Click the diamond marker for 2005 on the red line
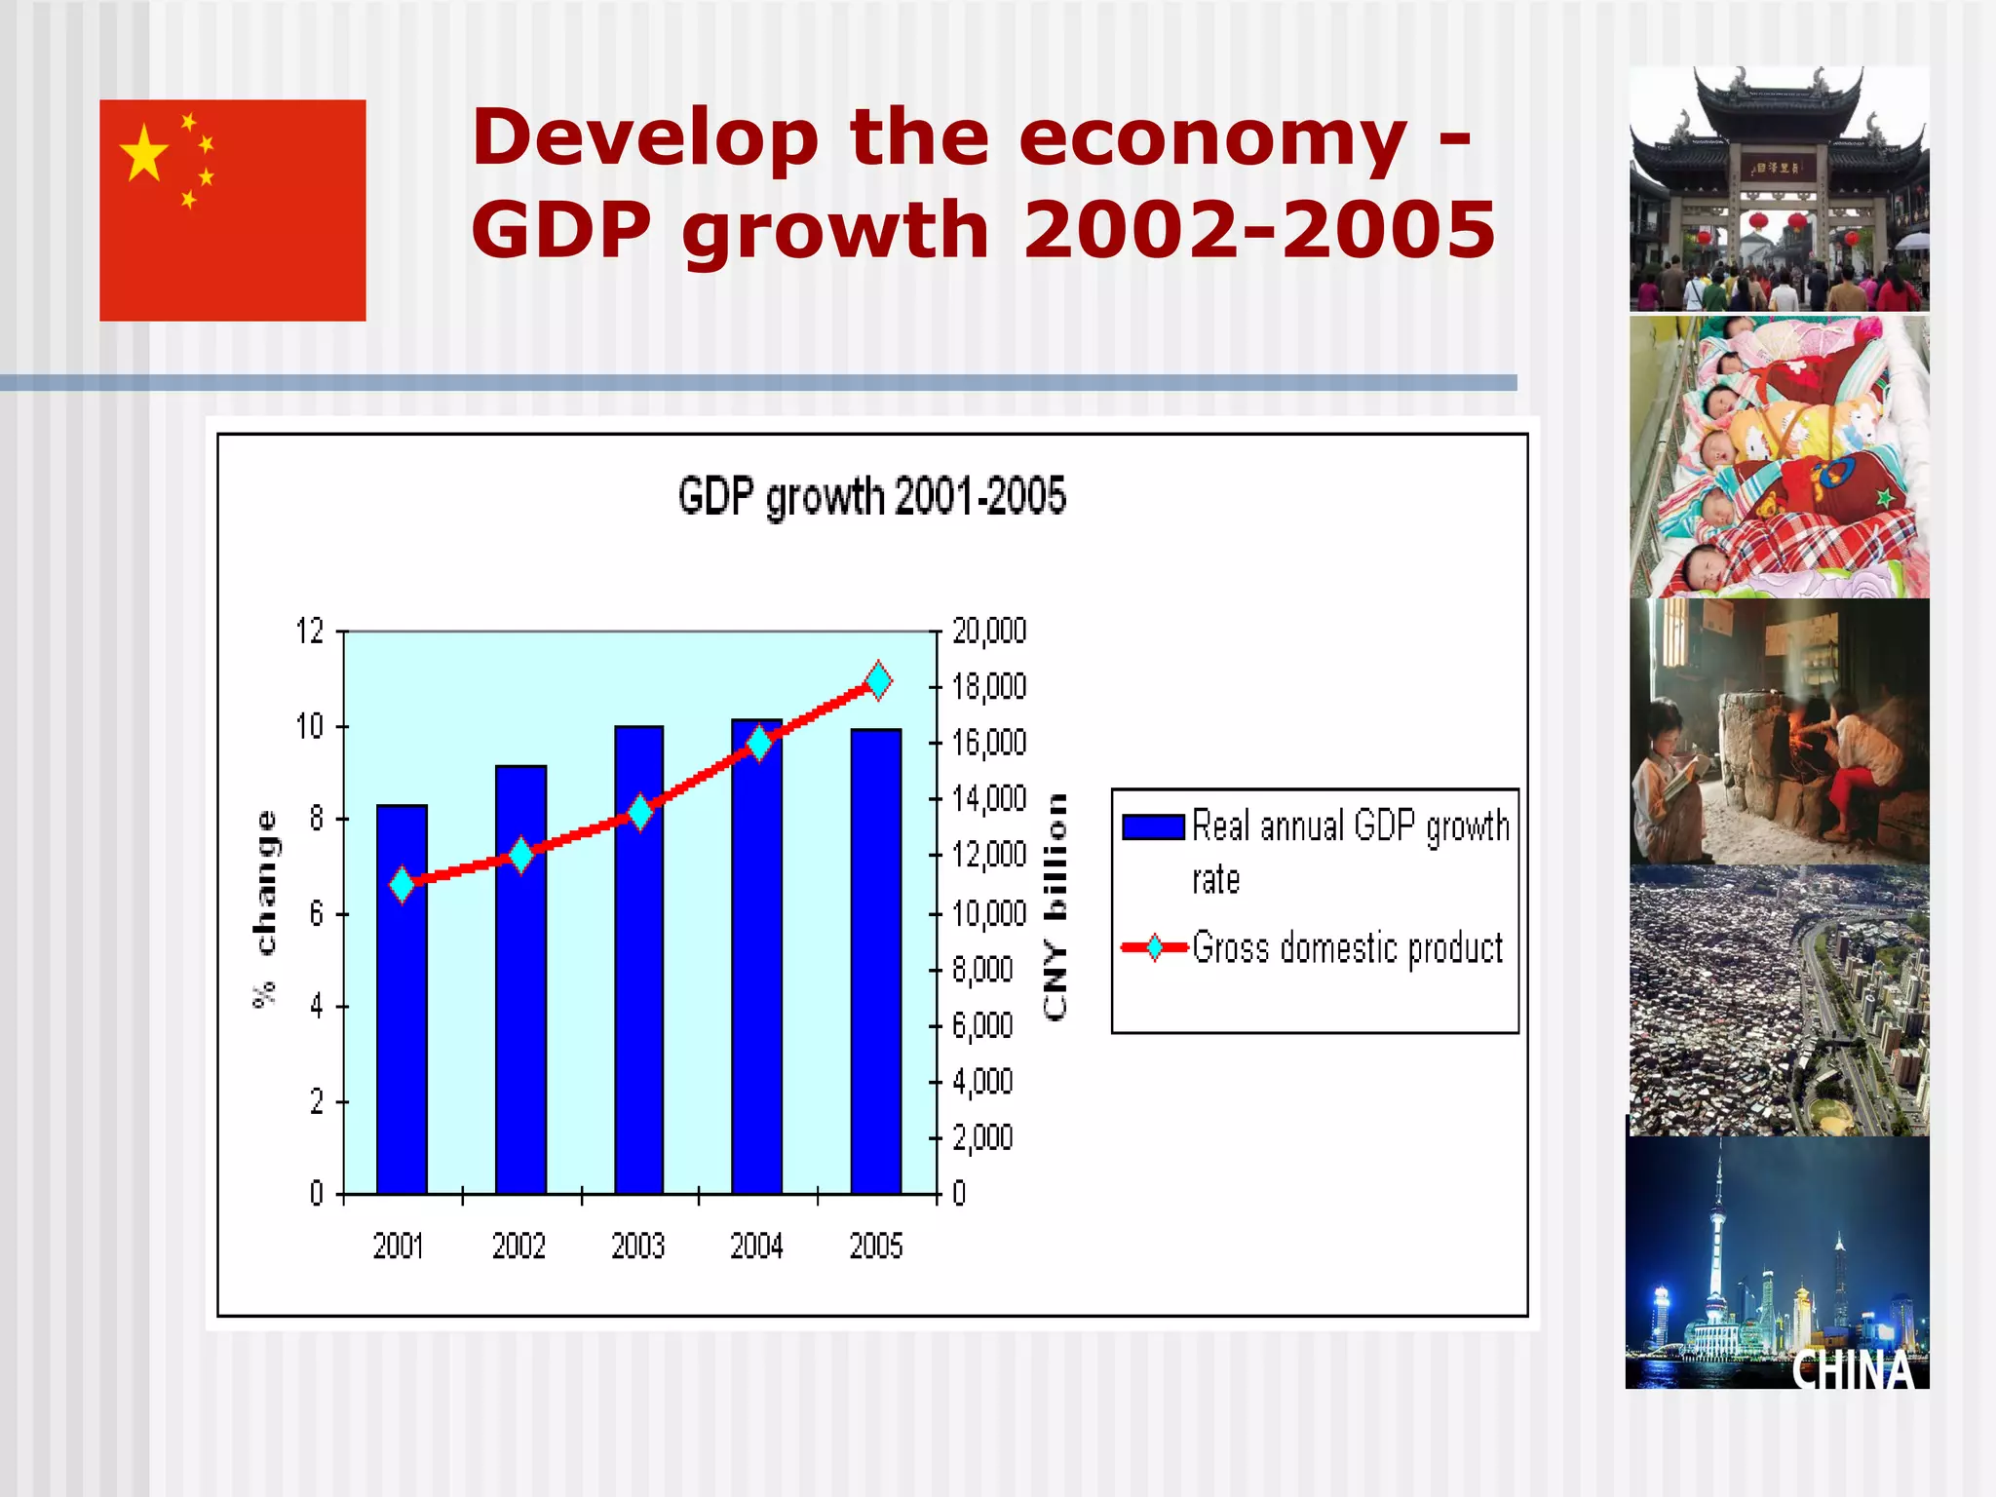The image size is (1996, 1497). (878, 680)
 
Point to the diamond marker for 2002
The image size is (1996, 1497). (521, 855)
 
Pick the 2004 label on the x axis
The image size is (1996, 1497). (756, 1246)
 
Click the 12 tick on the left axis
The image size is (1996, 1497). (310, 632)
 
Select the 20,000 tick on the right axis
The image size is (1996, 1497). (988, 632)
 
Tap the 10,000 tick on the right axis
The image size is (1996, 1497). (988, 913)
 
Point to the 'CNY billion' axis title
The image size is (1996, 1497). (1055, 906)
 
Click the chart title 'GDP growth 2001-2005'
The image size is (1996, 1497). (871, 496)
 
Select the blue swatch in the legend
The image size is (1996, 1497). (1152, 826)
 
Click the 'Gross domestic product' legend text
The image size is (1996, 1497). (1347, 947)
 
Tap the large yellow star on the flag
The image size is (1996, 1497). (144, 154)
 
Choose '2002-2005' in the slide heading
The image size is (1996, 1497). (1258, 230)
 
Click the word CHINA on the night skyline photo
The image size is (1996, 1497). (1853, 1369)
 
